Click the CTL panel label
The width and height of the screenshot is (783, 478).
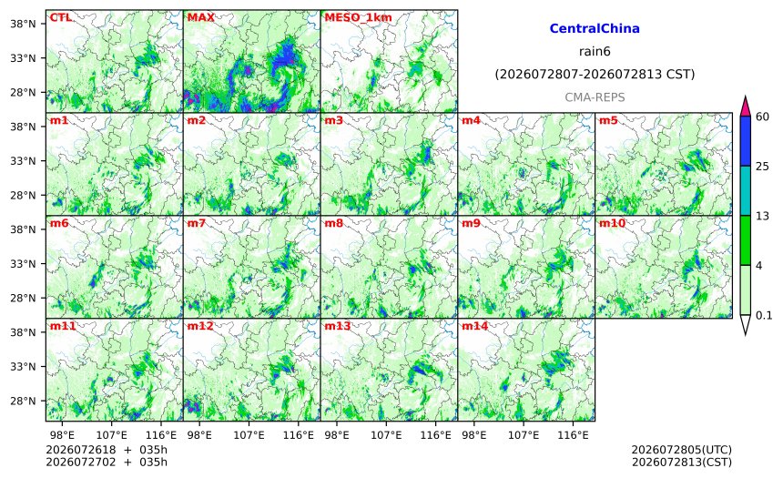tap(60, 17)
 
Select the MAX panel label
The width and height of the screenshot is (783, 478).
tap(200, 17)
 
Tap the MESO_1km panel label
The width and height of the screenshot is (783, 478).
tap(358, 18)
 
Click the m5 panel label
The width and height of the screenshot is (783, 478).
tap(608, 120)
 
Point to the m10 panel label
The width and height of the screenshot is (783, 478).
tap(612, 223)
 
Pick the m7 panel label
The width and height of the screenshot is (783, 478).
tap(197, 223)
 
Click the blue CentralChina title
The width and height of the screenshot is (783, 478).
tap(595, 28)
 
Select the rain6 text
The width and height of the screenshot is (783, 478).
tap(595, 52)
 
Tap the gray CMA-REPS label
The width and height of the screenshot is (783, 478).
tap(595, 97)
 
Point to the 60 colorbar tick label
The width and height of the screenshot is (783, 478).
tap(763, 117)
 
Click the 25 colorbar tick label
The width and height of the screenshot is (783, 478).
tap(763, 167)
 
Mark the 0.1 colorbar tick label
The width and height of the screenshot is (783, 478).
tap(764, 316)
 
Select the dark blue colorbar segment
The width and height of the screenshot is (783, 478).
tap(745, 141)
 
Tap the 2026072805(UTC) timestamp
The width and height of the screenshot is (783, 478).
tap(682, 451)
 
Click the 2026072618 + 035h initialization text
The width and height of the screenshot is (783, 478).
tap(107, 451)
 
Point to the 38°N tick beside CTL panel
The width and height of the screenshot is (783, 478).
tap(23, 24)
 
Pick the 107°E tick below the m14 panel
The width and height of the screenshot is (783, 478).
tap(524, 435)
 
